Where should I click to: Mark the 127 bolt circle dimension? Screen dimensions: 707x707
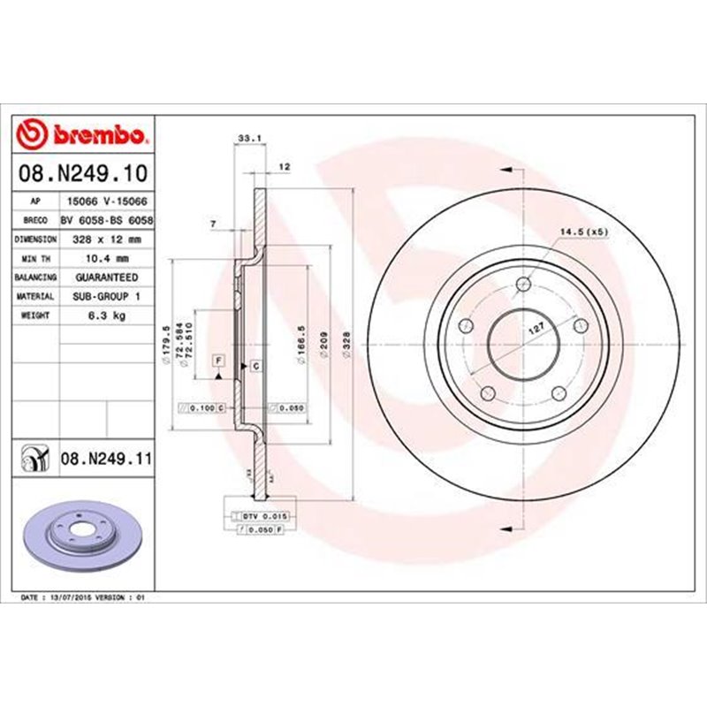(534, 328)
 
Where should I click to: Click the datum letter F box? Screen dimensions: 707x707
(217, 359)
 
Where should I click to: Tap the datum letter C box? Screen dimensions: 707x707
(255, 365)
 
